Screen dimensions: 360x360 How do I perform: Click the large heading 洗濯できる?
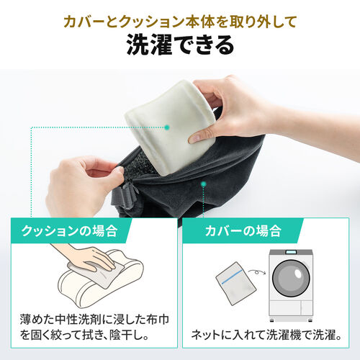(x=180, y=45)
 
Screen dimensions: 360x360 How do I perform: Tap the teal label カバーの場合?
(x=241, y=232)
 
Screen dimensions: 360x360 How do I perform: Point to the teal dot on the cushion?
(x=167, y=127)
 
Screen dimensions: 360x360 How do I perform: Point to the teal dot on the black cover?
(x=204, y=185)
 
